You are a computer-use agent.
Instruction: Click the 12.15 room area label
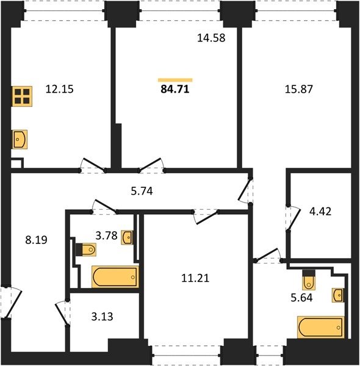pos(60,89)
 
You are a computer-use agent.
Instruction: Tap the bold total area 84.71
pos(175,89)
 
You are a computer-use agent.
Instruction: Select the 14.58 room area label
pos(211,38)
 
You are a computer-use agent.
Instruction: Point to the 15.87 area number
pos(299,89)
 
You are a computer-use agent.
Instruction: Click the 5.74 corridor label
pos(142,191)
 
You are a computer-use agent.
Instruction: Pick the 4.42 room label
pos(320,212)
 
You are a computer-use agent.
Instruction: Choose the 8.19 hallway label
pos(36,240)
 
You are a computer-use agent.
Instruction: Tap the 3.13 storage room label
pos(102,317)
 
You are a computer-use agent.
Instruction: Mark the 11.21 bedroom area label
pos(195,278)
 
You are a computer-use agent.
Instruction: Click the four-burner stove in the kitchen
pos(22,96)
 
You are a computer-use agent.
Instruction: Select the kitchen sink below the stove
pos(20,139)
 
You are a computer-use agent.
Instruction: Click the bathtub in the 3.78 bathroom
pos(115,276)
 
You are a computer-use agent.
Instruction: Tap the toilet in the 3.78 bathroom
pos(86,249)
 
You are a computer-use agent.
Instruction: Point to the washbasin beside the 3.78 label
pos(127,237)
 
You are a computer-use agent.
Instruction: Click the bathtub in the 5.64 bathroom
pos(321,327)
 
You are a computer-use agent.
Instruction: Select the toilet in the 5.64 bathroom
pos(309,279)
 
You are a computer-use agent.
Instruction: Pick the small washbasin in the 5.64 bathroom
pos(337,295)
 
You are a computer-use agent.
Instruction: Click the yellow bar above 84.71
pos(175,80)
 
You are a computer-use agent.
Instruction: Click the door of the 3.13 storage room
pos(62,313)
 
